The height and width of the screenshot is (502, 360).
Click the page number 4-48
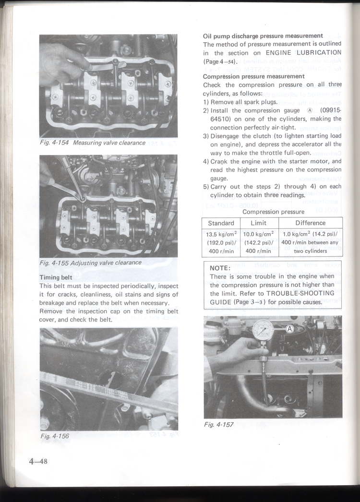click(x=38, y=462)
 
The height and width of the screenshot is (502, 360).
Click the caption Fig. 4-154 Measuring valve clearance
click(x=93, y=143)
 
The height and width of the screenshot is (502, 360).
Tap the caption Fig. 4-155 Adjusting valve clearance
click(x=91, y=263)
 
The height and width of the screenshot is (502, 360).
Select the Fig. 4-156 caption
click(x=55, y=436)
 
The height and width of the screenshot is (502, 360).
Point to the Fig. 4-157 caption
click(x=219, y=424)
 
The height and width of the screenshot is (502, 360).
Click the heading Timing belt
click(x=56, y=277)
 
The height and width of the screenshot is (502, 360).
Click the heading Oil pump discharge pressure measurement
click(x=263, y=36)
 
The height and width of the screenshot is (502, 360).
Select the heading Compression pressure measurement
click(x=253, y=76)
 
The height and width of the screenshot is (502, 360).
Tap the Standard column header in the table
click(x=221, y=223)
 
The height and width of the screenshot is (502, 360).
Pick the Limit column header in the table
click(x=258, y=223)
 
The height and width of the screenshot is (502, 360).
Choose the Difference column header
click(x=311, y=223)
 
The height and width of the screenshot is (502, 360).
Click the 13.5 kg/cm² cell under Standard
click(x=221, y=235)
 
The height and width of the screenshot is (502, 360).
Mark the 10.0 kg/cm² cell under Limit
click(x=258, y=235)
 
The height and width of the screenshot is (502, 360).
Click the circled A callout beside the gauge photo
click(x=289, y=328)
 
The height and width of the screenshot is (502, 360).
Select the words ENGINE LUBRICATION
click(x=303, y=53)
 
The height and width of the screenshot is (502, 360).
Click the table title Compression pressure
click(x=273, y=212)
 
